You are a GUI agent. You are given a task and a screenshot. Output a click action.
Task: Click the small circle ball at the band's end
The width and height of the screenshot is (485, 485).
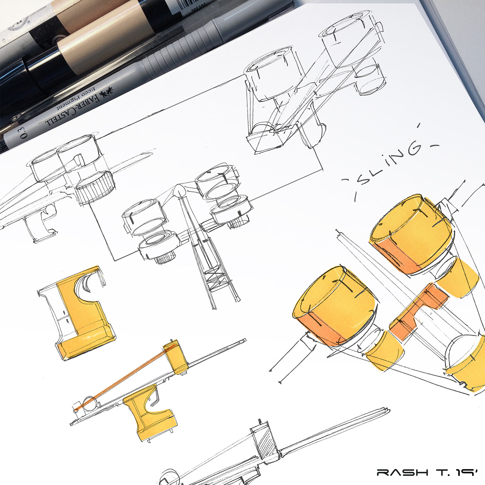90,403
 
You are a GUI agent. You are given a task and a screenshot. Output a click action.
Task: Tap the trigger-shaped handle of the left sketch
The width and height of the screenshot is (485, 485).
43,222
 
